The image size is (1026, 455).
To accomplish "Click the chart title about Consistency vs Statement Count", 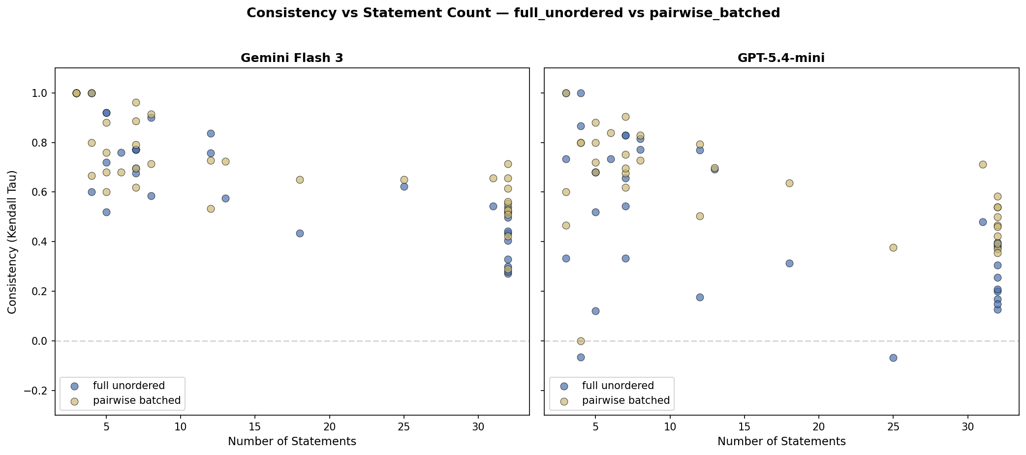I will pos(513,13).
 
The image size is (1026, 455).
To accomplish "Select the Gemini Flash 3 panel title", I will pos(292,58).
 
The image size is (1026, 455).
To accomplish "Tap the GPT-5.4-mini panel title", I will pos(781,58).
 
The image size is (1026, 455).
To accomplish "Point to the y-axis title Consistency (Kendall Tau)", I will pos(13,242).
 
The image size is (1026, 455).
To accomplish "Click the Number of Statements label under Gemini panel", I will pos(292,441).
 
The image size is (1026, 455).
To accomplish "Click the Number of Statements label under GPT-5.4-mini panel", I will pos(781,441).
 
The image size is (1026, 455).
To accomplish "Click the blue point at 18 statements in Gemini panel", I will pos(300,233).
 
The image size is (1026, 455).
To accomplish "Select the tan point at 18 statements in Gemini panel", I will pos(300,180).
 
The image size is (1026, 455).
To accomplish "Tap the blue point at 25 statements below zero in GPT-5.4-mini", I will pos(893,358).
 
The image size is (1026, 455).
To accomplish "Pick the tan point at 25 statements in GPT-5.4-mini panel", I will pos(893,247).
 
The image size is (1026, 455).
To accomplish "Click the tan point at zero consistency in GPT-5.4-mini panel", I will pos(581,341).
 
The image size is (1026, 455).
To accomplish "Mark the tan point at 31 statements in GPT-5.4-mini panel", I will pos(983,164).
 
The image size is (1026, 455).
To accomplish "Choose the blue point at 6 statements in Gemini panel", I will pos(121,152).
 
